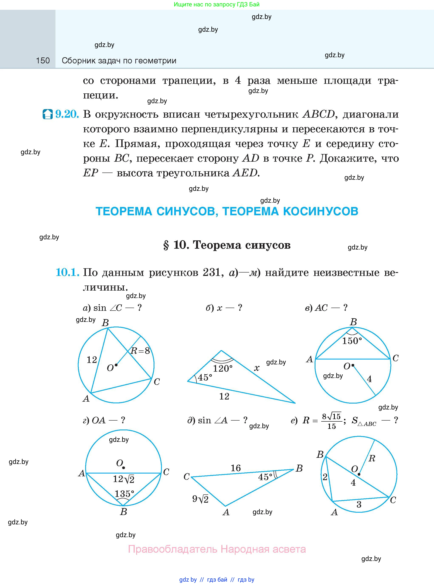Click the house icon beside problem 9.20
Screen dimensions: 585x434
point(48,114)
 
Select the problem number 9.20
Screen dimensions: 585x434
point(67,114)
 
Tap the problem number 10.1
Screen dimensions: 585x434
point(68,272)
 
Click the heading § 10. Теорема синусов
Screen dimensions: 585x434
point(227,245)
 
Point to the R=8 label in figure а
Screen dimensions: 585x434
point(140,351)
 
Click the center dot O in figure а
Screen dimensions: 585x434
point(116,365)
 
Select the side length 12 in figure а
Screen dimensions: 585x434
point(92,360)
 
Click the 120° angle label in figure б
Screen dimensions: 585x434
point(222,368)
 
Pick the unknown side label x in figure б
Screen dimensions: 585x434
point(257,368)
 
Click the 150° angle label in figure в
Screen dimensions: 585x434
point(352,341)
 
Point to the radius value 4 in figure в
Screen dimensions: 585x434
point(369,379)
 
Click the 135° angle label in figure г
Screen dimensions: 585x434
point(124,494)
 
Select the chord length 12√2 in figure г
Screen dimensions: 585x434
point(123,479)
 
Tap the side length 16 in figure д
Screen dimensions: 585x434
point(236,468)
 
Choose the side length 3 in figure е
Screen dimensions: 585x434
point(359,504)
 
